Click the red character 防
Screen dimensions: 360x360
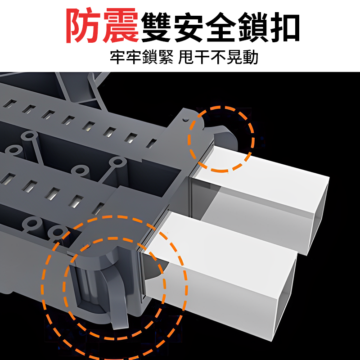point(84,27)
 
